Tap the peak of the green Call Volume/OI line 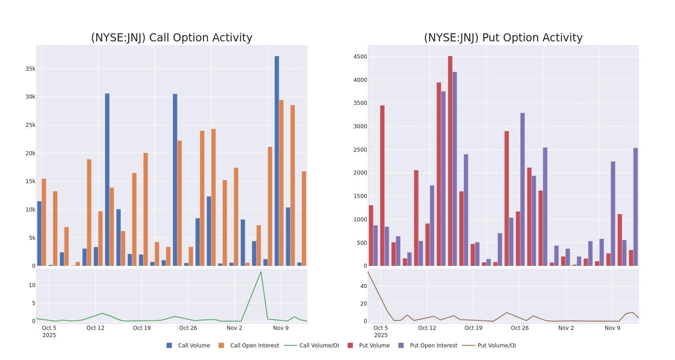[x=261, y=272]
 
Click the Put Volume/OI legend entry [x=496, y=346]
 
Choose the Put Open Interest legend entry [x=433, y=346]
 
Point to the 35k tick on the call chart [x=30, y=69]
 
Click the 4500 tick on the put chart [x=360, y=57]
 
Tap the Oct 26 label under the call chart [x=188, y=328]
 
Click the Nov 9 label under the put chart [x=612, y=328]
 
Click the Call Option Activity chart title [x=171, y=38]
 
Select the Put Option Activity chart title [x=503, y=38]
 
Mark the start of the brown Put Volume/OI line [x=368, y=272]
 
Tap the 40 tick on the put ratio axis [x=363, y=286]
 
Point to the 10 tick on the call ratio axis [x=32, y=285]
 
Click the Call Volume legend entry [x=193, y=346]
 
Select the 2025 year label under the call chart [x=49, y=335]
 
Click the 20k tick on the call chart [x=30, y=153]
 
